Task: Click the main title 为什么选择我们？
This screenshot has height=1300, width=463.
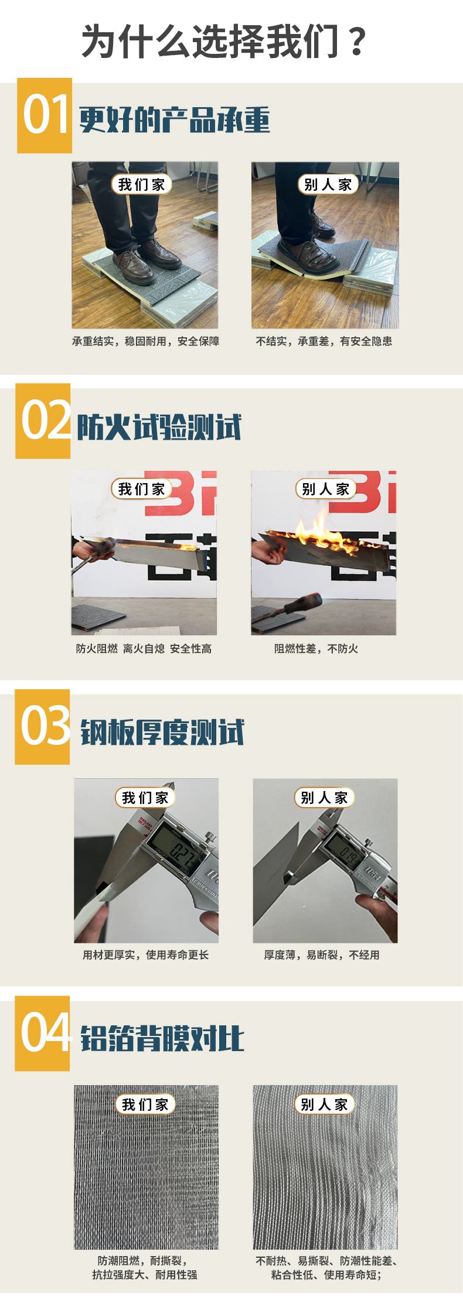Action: (x=224, y=42)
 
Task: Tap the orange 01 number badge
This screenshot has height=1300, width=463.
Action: (x=45, y=115)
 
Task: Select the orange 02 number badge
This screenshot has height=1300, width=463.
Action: (x=43, y=421)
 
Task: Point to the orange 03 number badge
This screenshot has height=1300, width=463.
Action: (x=42, y=727)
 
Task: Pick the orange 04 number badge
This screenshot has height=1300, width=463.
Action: (x=42, y=1033)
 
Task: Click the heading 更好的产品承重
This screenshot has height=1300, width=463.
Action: (x=175, y=119)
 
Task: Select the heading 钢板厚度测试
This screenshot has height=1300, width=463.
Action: (x=162, y=732)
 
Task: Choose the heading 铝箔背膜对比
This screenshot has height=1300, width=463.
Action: (x=162, y=1038)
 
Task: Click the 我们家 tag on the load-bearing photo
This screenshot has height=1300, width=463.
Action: (x=142, y=184)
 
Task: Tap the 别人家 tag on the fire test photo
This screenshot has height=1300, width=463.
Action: (x=326, y=489)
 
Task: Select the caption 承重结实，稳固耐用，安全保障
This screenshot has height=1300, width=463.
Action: (x=145, y=341)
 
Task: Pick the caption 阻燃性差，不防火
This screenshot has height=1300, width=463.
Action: (x=316, y=649)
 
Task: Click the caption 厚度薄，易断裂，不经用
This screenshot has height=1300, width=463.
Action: (x=322, y=955)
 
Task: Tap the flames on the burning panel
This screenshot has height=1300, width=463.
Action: (x=319, y=532)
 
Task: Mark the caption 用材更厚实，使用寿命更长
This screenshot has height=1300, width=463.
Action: (x=145, y=955)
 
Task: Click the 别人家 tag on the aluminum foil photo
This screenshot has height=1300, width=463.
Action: (x=325, y=1105)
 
